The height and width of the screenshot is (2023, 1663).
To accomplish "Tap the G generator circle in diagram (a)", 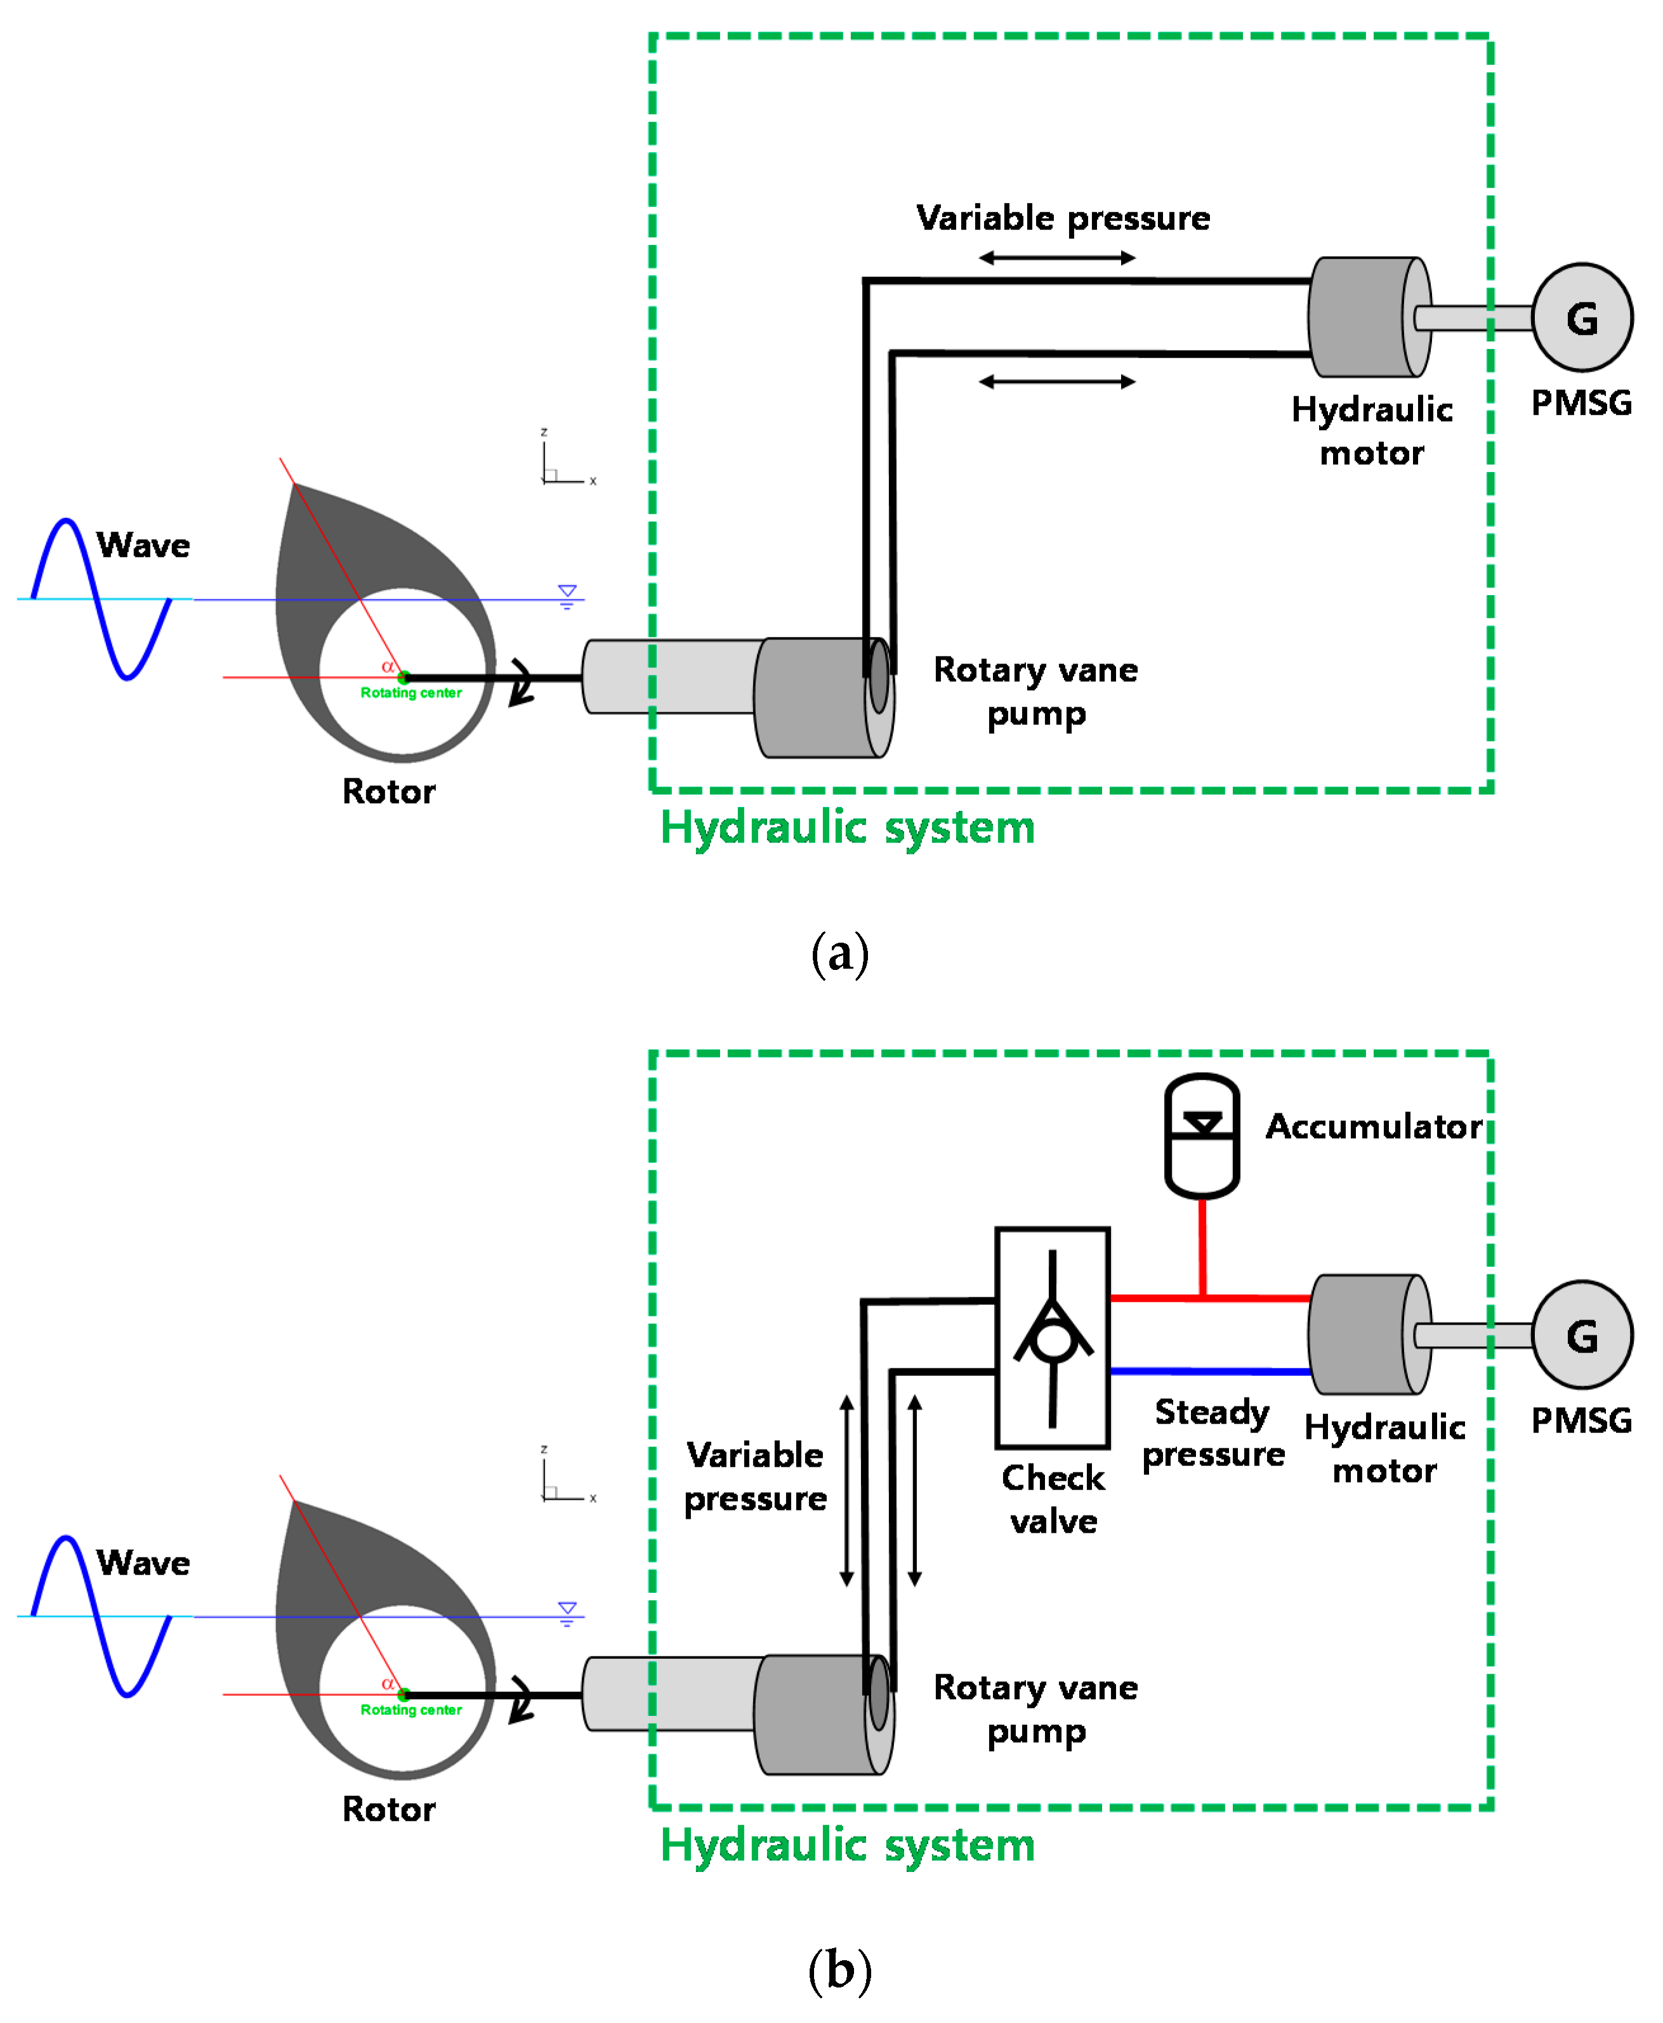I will [x=1582, y=317].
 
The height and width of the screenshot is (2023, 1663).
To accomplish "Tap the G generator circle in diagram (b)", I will [x=1582, y=1334].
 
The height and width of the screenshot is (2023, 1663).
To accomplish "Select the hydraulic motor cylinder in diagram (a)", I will [x=1368, y=317].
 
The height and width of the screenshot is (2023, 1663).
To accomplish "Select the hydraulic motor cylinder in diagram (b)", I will [x=1368, y=1334].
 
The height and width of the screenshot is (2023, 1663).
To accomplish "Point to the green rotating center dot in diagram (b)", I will [x=404, y=1694].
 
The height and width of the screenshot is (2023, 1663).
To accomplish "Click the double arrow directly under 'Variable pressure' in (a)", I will [x=1056, y=258].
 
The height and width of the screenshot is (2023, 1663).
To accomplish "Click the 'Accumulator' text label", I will [x=1374, y=1127].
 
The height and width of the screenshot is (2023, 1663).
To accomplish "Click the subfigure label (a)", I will [x=839, y=953].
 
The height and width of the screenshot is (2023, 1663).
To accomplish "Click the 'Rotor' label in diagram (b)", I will [x=388, y=1809].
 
